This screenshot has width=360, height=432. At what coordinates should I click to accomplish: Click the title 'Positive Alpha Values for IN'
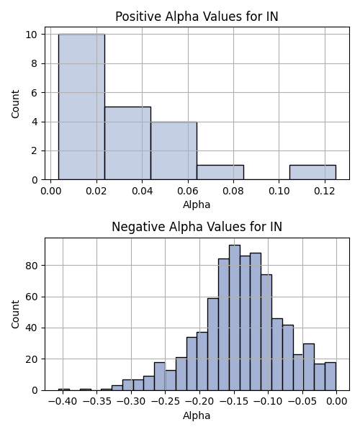pyautogui.click(x=197, y=17)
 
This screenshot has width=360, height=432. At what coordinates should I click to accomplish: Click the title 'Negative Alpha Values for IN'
pyautogui.click(x=197, y=227)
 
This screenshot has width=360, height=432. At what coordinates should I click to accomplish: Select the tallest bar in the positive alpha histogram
pyautogui.click(x=81, y=107)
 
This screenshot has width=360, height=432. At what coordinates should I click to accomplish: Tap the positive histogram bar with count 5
pyautogui.click(x=128, y=143)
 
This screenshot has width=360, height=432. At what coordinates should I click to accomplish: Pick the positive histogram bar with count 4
pyautogui.click(x=174, y=150)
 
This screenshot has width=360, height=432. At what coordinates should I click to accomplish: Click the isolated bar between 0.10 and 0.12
pyautogui.click(x=312, y=173)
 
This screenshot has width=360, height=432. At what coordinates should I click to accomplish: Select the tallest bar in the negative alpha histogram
pyautogui.click(x=235, y=318)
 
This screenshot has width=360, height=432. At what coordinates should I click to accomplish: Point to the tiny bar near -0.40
pyautogui.click(x=64, y=390)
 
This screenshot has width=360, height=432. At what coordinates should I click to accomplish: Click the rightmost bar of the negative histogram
pyautogui.click(x=330, y=377)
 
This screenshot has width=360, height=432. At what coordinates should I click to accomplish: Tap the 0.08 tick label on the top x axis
pyautogui.click(x=233, y=191)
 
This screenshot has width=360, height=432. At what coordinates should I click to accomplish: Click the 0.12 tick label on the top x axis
pyautogui.click(x=325, y=191)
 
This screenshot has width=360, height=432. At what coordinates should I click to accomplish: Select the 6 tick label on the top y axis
pyautogui.click(x=34, y=93)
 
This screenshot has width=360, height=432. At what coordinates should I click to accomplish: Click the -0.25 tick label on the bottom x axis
pyautogui.click(x=166, y=402)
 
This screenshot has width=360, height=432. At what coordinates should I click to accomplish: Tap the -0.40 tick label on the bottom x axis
pyautogui.click(x=63, y=402)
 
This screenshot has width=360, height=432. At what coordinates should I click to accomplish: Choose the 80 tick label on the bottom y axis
pyautogui.click(x=32, y=266)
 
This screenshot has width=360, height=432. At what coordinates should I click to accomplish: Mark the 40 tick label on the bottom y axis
pyautogui.click(x=32, y=328)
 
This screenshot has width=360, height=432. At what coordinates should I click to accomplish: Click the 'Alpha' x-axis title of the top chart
pyautogui.click(x=197, y=204)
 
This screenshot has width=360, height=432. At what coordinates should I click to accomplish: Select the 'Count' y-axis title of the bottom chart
pyautogui.click(x=15, y=315)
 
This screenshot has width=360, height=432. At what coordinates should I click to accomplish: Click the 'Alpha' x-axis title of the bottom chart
pyautogui.click(x=197, y=415)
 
